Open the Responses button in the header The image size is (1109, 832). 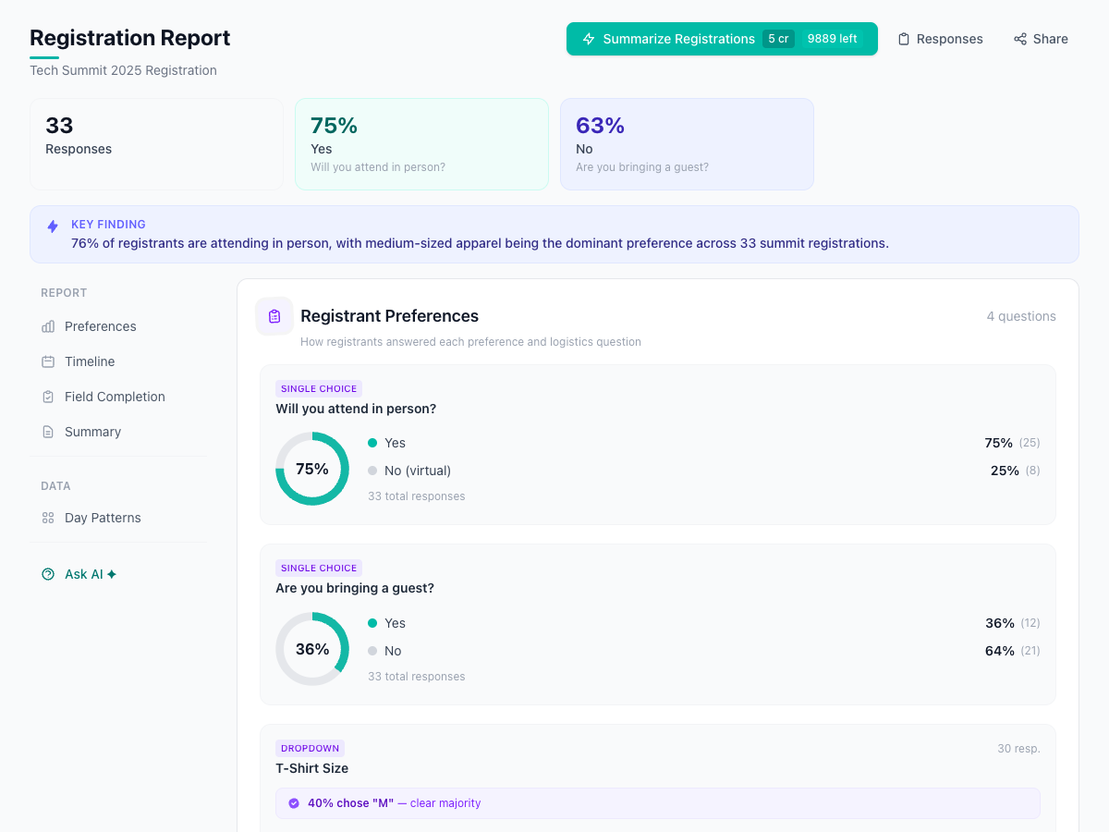(x=940, y=39)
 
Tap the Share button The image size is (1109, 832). (x=1041, y=39)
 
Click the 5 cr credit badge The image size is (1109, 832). (x=778, y=39)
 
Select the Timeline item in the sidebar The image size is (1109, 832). (x=90, y=361)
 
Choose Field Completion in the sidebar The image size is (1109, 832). (x=115, y=397)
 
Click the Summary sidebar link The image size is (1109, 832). (x=92, y=432)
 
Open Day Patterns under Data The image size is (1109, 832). (x=103, y=518)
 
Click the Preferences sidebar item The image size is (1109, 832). (x=100, y=326)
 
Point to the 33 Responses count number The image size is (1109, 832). (x=59, y=126)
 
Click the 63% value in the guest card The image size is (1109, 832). (x=600, y=126)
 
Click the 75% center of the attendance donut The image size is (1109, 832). (x=312, y=469)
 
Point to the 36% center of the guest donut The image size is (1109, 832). (x=312, y=649)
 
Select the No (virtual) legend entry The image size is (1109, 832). (x=417, y=471)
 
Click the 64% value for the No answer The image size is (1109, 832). (x=999, y=651)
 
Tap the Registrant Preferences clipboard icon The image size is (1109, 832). (x=274, y=316)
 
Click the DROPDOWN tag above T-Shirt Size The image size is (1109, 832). (x=310, y=748)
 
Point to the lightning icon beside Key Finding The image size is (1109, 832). (x=53, y=226)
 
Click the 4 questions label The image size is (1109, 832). (x=1020, y=316)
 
